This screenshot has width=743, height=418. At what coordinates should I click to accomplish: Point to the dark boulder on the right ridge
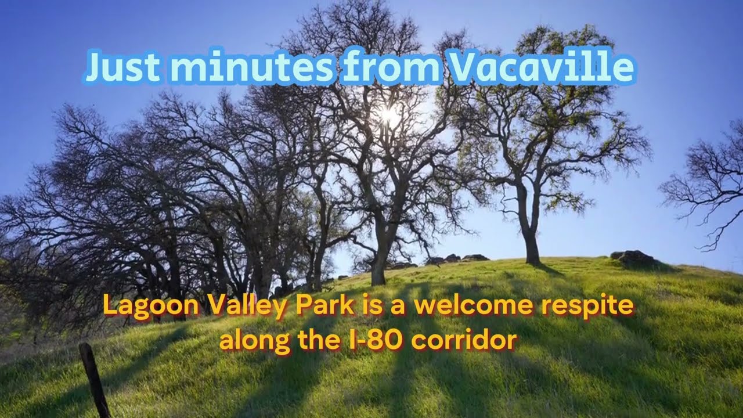click(634, 258)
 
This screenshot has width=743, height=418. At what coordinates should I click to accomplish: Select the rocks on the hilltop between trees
click(459, 258)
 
